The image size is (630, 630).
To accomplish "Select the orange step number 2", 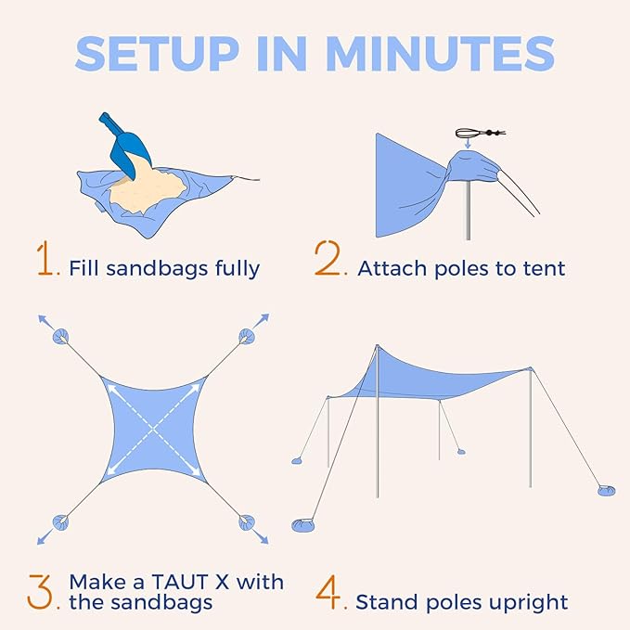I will (x=329, y=262).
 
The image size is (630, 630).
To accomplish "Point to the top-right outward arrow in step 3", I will (x=263, y=321).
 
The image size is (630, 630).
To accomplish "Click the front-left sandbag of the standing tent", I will (x=304, y=525).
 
